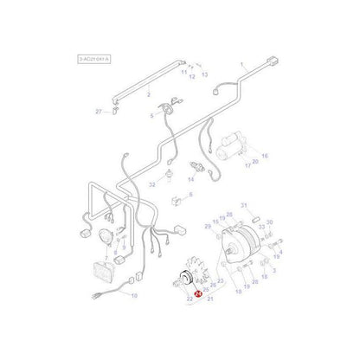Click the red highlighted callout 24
200,294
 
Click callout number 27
122,112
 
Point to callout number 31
245,204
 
